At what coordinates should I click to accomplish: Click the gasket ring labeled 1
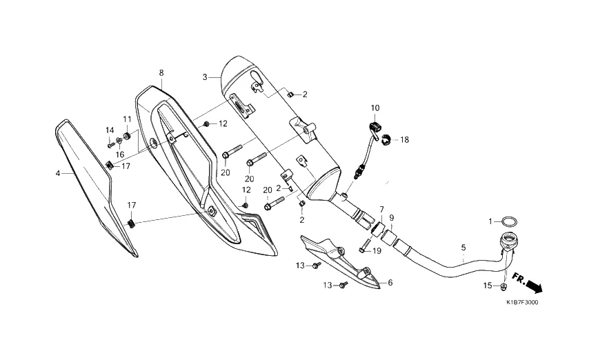click(x=510, y=221)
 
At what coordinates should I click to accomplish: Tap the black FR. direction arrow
click(x=528, y=283)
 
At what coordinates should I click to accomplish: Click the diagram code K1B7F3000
click(x=523, y=303)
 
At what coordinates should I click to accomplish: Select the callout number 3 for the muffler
click(x=205, y=77)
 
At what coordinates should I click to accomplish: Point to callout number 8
click(x=161, y=72)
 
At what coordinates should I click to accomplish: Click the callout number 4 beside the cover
click(x=58, y=174)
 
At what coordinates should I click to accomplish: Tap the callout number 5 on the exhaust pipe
click(x=464, y=248)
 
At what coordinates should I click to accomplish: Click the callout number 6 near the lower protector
click(x=390, y=283)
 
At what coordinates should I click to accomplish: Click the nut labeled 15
click(x=504, y=286)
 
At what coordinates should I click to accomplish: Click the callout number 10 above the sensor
click(x=375, y=108)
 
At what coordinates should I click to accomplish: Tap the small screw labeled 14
click(x=110, y=146)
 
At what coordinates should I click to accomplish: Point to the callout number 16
click(x=120, y=154)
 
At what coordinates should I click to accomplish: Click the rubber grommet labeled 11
click(x=126, y=136)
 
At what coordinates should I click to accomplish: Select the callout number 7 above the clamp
click(x=381, y=209)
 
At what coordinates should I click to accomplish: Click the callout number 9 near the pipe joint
click(x=392, y=218)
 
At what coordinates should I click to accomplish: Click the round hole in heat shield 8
click(x=155, y=143)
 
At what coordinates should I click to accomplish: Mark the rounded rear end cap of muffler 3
click(x=237, y=72)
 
